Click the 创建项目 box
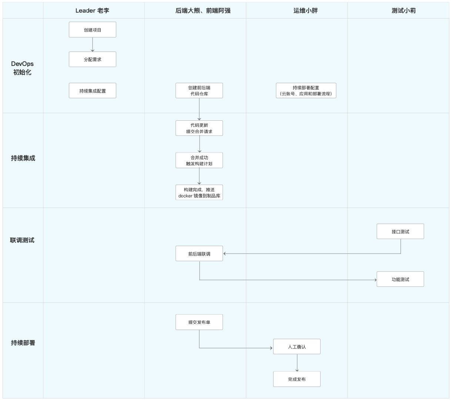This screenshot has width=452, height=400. click(x=93, y=30)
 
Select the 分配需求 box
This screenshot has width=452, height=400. click(x=93, y=59)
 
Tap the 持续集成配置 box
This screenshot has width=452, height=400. click(x=93, y=91)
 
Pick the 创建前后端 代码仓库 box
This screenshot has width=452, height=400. click(x=199, y=91)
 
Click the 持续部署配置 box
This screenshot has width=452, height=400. click(x=306, y=91)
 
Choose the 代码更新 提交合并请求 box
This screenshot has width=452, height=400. click(x=199, y=128)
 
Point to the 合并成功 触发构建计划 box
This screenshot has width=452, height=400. click(x=199, y=160)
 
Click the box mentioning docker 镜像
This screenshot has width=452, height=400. click(x=199, y=193)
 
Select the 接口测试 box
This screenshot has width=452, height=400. click(x=400, y=231)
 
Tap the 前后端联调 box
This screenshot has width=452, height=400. click(x=199, y=254)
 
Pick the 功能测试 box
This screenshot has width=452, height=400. click(x=400, y=279)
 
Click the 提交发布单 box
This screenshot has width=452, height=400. click(x=199, y=322)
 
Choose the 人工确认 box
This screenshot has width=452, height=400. click(x=297, y=347)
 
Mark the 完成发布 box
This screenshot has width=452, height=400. click(x=297, y=379)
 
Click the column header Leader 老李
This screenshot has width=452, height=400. click(x=93, y=10)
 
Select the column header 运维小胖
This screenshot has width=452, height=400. click(x=305, y=10)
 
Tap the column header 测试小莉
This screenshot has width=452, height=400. click(x=404, y=10)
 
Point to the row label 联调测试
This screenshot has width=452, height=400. click(x=22, y=240)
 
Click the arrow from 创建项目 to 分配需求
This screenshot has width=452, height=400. click(x=93, y=44)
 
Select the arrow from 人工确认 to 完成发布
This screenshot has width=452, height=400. click(x=297, y=363)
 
